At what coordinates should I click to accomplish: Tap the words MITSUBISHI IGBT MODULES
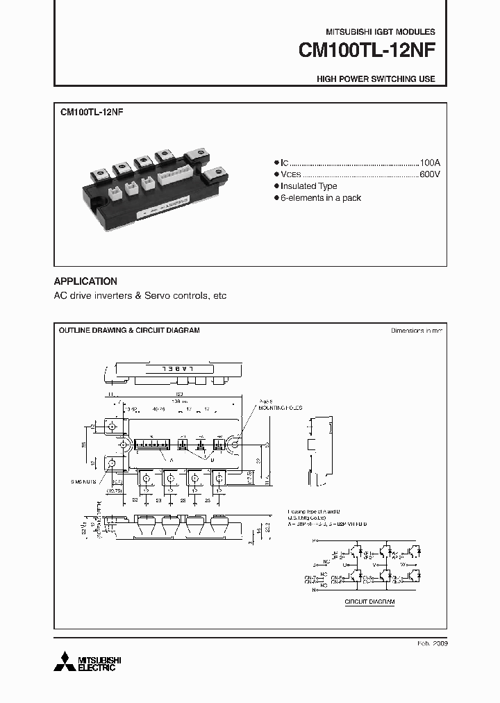(381, 32)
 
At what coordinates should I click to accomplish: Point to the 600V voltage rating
(429, 174)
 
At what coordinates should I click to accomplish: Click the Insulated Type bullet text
(309, 186)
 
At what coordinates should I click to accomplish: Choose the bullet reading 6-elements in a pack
(321, 198)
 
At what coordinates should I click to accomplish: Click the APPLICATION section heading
(85, 281)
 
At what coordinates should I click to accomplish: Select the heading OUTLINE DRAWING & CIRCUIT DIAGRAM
(129, 330)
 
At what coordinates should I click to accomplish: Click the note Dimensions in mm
(417, 331)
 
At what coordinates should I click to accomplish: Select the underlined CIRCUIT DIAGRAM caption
(369, 602)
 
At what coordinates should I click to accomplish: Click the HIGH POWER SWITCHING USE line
(376, 79)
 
